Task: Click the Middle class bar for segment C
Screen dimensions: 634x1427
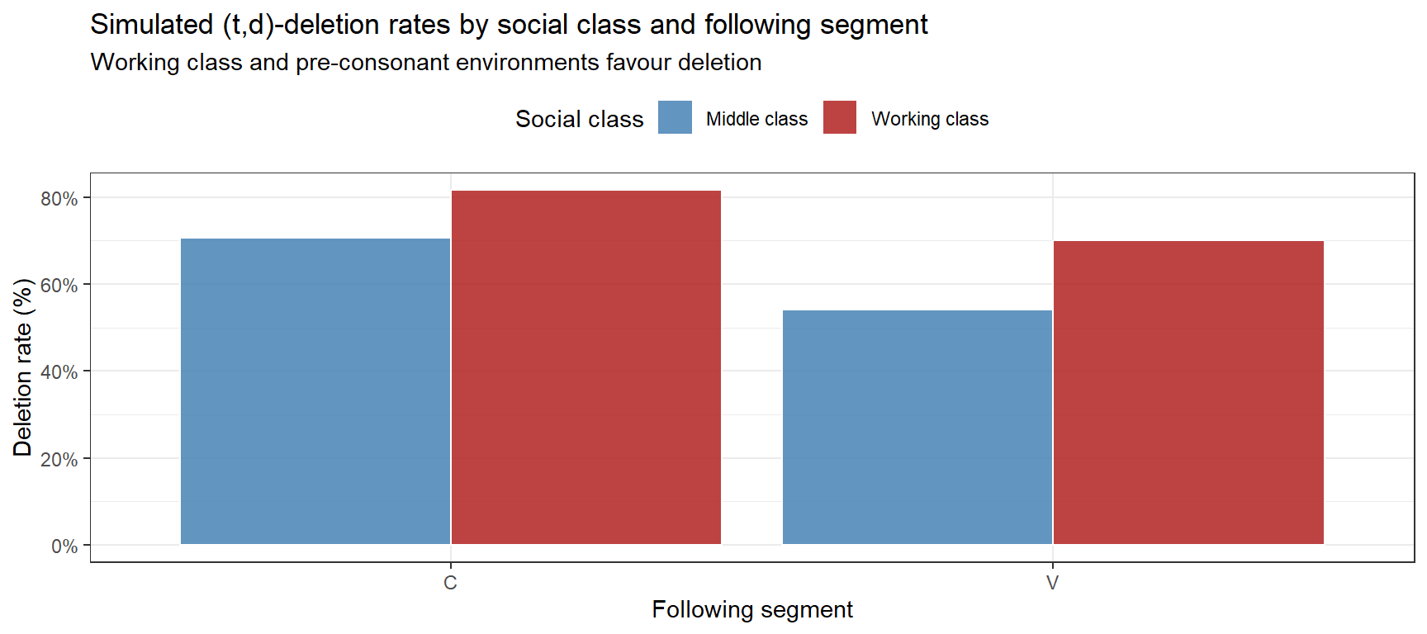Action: (x=315, y=391)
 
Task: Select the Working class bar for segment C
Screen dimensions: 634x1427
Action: (x=586, y=367)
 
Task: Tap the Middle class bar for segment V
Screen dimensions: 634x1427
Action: (x=917, y=427)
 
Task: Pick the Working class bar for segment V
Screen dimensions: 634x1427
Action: (x=1188, y=392)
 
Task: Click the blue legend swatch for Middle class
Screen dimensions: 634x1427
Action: (x=675, y=117)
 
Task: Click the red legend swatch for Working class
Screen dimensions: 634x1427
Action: (x=840, y=117)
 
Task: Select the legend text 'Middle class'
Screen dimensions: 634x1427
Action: (x=756, y=119)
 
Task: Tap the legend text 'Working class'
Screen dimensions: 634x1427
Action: (x=930, y=119)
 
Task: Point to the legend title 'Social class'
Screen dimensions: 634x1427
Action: (x=579, y=119)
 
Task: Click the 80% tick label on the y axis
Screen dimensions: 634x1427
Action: (x=59, y=199)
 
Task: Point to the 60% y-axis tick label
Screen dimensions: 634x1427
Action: (x=59, y=286)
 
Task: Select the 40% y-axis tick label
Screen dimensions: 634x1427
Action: (x=59, y=372)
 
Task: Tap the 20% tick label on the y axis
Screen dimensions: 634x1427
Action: (x=59, y=459)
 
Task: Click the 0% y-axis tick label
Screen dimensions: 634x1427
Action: (x=64, y=546)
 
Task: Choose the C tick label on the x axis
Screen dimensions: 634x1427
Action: (x=450, y=583)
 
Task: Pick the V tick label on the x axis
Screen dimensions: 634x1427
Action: (x=1052, y=583)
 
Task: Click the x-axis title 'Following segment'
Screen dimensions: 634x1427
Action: (x=751, y=609)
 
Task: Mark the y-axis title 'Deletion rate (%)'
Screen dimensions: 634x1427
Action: (x=22, y=367)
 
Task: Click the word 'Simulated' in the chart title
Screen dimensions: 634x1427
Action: (x=152, y=25)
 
